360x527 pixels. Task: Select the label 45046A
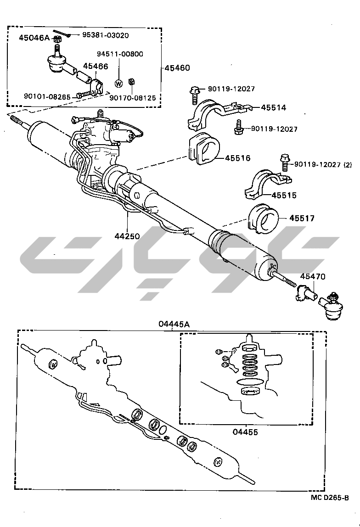(x=34, y=38)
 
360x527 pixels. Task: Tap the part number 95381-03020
(x=106, y=35)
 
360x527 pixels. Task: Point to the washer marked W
(x=118, y=83)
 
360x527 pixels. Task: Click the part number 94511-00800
(x=119, y=54)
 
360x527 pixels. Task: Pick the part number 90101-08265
(x=47, y=96)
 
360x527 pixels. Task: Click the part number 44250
(x=127, y=236)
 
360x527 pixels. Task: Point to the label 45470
(x=313, y=276)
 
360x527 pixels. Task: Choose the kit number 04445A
(x=174, y=324)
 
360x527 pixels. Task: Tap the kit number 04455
(x=245, y=432)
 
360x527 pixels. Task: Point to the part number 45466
(x=96, y=67)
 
